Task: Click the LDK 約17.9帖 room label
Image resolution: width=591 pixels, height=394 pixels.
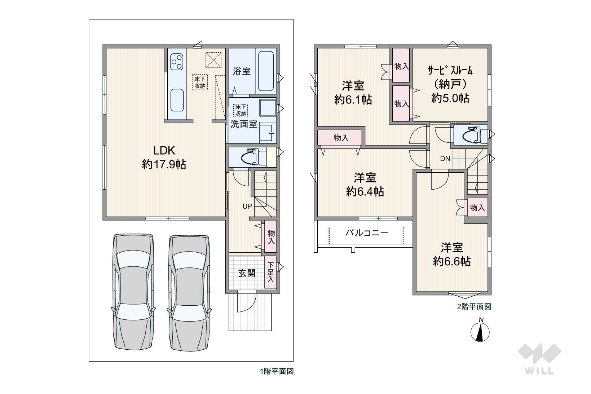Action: [164, 158]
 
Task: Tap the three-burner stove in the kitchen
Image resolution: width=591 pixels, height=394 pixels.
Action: [177, 62]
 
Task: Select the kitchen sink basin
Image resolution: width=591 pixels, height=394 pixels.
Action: [177, 100]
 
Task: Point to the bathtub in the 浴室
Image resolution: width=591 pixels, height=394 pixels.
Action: [266, 71]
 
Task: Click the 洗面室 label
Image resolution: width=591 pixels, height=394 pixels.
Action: [244, 124]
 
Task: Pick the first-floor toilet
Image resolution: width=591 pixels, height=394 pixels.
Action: [253, 158]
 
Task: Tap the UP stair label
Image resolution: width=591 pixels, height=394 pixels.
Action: [247, 206]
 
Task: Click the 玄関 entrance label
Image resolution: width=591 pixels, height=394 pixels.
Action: [247, 273]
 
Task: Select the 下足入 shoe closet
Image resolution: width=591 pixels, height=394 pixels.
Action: [270, 272]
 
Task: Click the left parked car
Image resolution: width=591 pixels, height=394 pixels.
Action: [133, 292]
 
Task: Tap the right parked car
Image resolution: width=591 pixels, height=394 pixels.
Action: [189, 293]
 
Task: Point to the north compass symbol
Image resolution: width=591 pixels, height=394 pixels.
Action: [480, 331]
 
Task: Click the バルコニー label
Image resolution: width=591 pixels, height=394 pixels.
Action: [367, 233]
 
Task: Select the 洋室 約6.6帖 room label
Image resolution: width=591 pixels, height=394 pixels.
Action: [452, 255]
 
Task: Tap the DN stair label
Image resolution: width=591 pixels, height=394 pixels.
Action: [445, 159]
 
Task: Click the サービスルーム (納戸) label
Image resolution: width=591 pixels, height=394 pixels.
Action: [450, 84]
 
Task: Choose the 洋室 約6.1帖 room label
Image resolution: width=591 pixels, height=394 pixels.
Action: [353, 93]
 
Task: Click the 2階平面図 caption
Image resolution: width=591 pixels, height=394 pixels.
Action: [474, 307]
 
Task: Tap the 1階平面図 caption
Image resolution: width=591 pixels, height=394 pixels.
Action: [277, 371]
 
